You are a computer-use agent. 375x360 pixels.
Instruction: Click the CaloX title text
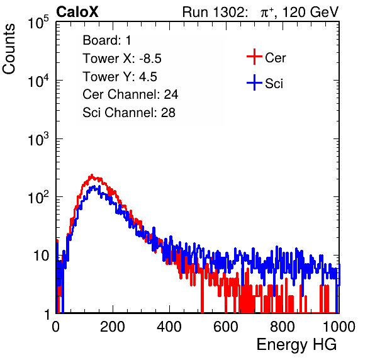pyautogui.click(x=77, y=12)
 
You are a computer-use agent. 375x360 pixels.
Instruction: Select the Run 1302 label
pyautogui.click(x=215, y=12)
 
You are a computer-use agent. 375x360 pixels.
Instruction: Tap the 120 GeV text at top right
pyautogui.click(x=310, y=12)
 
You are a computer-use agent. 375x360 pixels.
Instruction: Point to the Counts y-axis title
pyautogui.click(x=9, y=49)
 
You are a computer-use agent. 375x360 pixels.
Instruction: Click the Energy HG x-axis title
pyautogui.click(x=296, y=345)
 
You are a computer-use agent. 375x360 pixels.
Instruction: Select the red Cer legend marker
pyautogui.click(x=254, y=57)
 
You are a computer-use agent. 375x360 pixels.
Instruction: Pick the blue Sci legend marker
pyautogui.click(x=254, y=83)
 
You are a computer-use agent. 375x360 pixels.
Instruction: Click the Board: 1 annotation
pyautogui.click(x=107, y=40)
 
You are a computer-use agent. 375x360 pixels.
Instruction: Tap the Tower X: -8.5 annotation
pyautogui.click(x=122, y=59)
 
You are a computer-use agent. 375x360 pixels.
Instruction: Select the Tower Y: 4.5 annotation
pyautogui.click(x=120, y=77)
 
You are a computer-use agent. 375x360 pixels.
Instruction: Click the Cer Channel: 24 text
pyautogui.click(x=130, y=94)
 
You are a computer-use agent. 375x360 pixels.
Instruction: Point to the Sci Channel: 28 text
pyautogui.click(x=129, y=113)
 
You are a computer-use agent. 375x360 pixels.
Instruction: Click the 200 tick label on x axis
pyautogui.click(x=113, y=327)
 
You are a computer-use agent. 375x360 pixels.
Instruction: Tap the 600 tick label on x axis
pyautogui.click(x=226, y=327)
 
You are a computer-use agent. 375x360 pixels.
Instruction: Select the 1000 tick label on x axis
pyautogui.click(x=339, y=327)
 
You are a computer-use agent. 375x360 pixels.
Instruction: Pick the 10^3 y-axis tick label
pyautogui.click(x=38, y=139)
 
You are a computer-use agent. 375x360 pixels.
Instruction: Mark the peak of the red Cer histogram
pyautogui.click(x=92, y=175)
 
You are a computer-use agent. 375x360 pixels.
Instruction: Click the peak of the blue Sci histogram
pyautogui.click(x=94, y=186)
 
